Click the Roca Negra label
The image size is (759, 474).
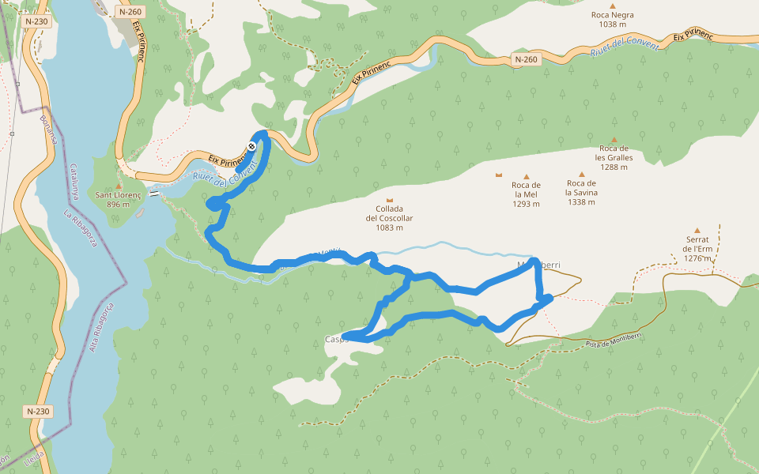tap(612, 19)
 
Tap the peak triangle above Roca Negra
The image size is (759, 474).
tap(612, 5)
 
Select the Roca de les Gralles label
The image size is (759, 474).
tap(613, 157)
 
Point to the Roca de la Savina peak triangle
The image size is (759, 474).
tap(582, 175)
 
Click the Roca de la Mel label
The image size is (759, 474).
tap(526, 194)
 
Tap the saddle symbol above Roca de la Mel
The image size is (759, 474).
tap(498, 175)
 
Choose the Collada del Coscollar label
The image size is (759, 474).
tap(389, 218)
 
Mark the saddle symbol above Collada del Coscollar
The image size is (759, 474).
tap(389, 201)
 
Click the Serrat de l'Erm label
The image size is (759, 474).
tap(697, 248)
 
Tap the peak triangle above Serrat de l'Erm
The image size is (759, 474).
tap(697, 230)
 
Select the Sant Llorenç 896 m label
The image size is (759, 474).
tap(118, 199)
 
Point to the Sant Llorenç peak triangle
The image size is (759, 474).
tap(118, 186)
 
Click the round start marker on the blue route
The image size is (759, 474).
tap(251, 145)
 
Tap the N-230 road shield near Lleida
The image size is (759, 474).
tap(37, 411)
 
